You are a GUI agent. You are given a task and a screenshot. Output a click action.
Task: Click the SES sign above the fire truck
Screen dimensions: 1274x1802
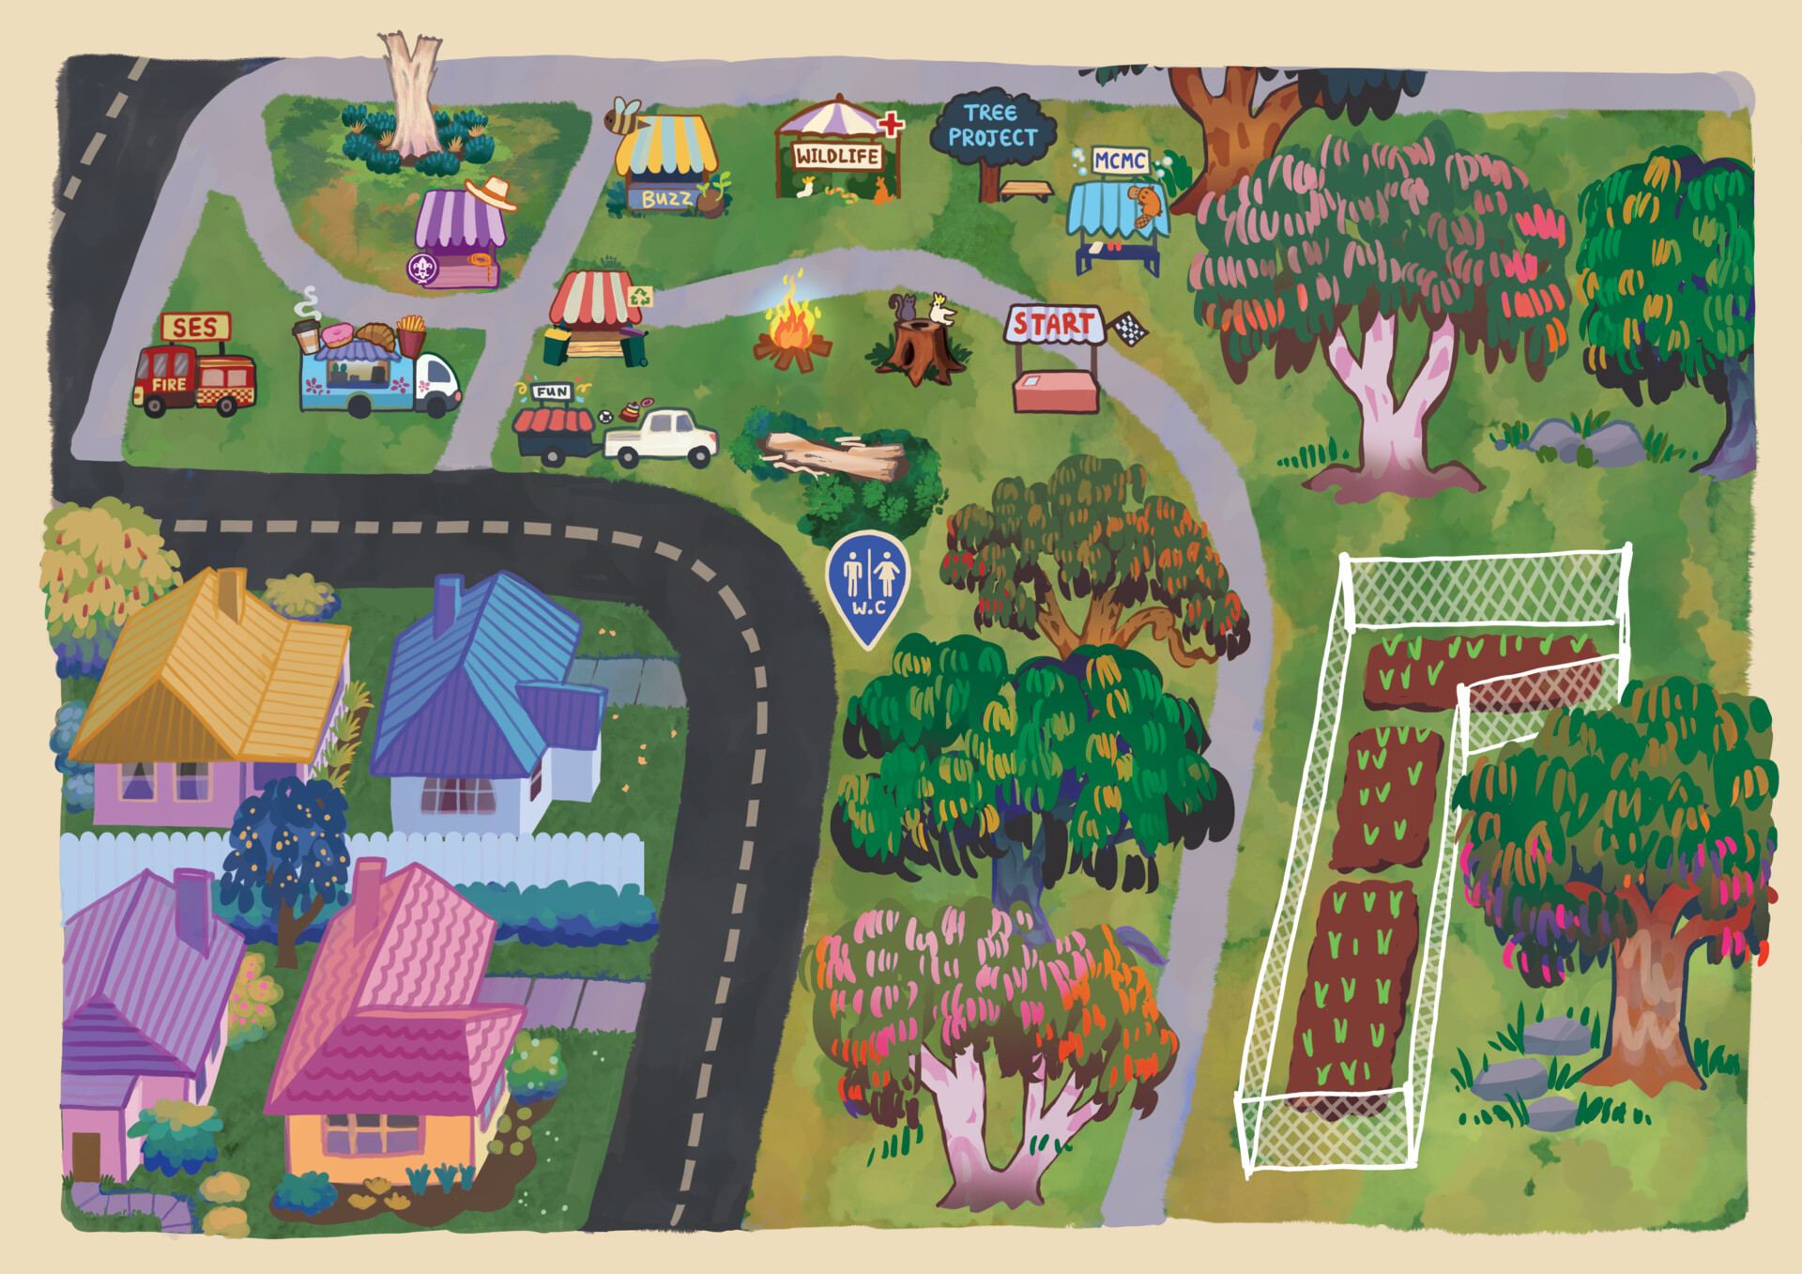[x=195, y=327]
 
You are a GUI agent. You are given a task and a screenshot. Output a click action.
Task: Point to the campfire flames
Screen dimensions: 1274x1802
[x=791, y=324]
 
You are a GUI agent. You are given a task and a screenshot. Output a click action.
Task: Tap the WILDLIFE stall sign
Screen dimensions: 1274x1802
[x=837, y=156]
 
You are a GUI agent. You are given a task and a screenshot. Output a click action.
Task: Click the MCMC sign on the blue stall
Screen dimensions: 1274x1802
[x=1120, y=161]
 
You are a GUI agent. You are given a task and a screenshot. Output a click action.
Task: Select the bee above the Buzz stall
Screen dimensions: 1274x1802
[x=624, y=116]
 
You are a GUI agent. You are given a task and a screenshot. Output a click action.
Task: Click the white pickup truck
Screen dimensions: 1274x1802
[x=662, y=437]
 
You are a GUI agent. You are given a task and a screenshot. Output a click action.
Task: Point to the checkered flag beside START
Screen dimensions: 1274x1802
[x=1129, y=328]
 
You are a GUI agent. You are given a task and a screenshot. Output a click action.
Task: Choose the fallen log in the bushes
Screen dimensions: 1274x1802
[x=834, y=456]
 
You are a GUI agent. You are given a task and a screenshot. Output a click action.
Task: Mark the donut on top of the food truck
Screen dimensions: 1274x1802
[x=336, y=334]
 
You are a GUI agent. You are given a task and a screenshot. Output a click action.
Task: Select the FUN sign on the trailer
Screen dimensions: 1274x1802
[x=552, y=391]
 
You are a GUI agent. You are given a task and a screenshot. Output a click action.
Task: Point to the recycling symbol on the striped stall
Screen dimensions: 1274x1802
[x=640, y=297]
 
